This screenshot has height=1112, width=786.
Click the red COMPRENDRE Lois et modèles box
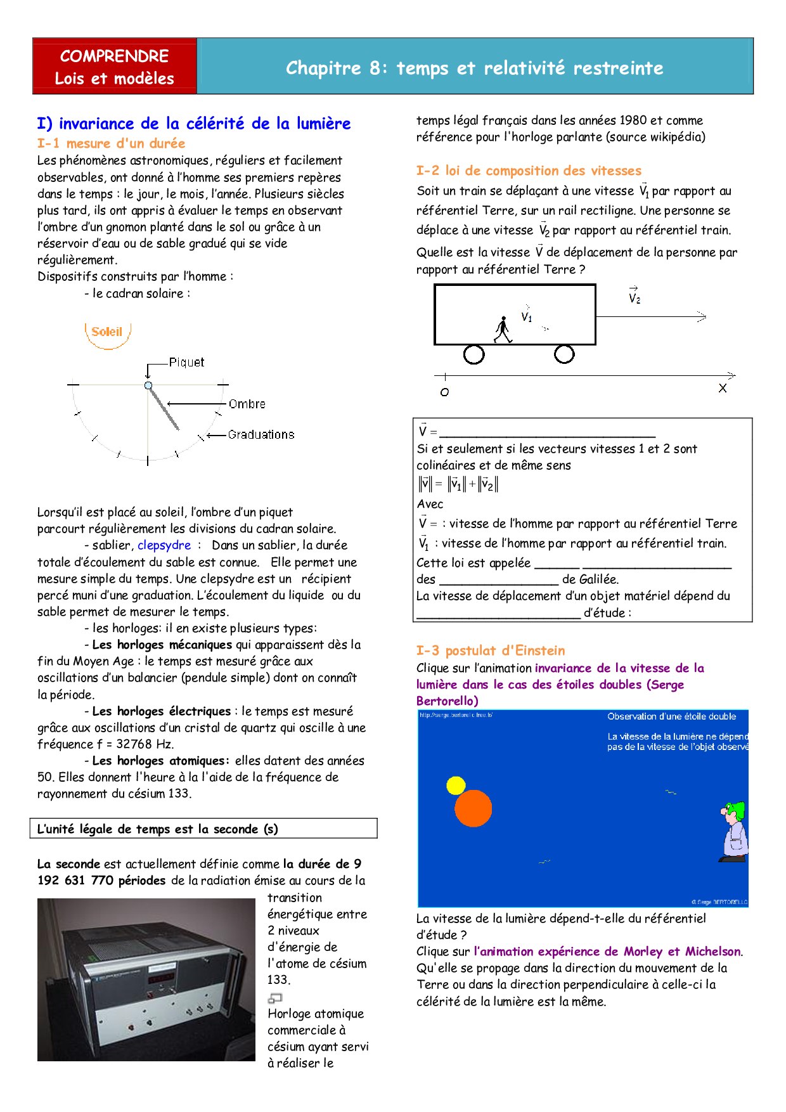click(115, 67)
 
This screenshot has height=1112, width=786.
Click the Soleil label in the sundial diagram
click(106, 332)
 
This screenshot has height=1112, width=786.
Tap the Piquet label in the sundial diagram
click(186, 363)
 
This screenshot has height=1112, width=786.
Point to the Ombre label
click(247, 404)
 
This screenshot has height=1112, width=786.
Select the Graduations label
click(261, 435)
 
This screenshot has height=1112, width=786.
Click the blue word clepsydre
click(164, 545)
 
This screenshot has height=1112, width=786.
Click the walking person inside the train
click(503, 330)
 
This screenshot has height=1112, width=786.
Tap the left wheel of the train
click(474, 354)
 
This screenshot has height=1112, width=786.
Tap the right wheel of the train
click(564, 354)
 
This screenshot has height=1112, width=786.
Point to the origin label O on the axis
click(444, 392)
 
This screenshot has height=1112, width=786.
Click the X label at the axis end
click(723, 388)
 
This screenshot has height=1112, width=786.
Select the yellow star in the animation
click(456, 786)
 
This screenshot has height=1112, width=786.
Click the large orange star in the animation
click(474, 808)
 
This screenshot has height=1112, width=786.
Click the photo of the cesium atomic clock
click(146, 979)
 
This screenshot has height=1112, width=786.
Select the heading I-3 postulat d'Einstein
click(491, 650)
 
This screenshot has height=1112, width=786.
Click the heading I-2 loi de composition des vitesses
click(529, 171)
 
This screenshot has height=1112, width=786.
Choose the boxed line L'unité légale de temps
click(203, 829)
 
